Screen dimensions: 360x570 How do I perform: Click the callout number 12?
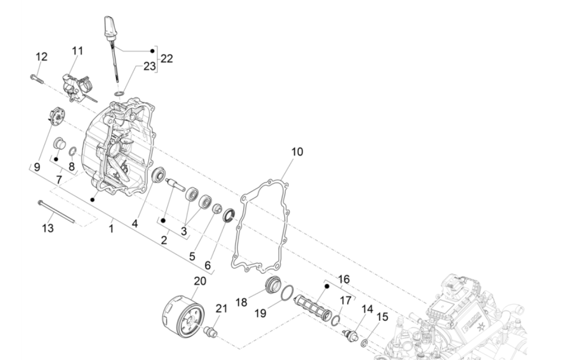click(x=41, y=57)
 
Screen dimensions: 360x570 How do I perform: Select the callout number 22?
click(x=166, y=59)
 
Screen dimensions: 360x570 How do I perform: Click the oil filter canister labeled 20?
click(x=182, y=316)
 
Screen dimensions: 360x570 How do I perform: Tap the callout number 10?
click(x=297, y=152)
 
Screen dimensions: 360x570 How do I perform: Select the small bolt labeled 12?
click(x=37, y=78)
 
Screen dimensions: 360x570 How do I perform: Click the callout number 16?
click(x=344, y=279)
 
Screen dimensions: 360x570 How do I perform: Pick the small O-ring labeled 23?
click(x=120, y=94)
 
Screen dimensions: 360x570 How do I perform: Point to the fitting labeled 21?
click(x=210, y=332)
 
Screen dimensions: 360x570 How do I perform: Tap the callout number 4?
click(x=135, y=224)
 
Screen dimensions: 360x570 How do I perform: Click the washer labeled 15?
click(x=364, y=344)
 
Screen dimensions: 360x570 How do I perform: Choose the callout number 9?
click(x=36, y=167)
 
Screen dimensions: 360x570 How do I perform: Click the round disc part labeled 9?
click(x=55, y=117)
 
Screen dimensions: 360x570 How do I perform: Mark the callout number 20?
click(x=200, y=280)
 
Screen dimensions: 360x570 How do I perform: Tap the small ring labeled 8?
click(x=73, y=152)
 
